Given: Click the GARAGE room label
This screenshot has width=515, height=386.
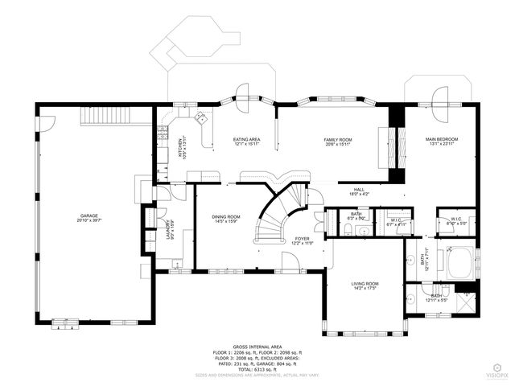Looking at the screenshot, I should click(x=89, y=215).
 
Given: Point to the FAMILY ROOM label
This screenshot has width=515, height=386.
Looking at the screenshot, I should click(x=338, y=140).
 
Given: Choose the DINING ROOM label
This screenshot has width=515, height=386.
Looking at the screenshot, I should click(x=225, y=216).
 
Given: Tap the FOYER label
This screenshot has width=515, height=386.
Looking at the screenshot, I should click(x=302, y=238).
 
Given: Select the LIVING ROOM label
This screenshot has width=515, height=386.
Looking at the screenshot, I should click(x=365, y=284).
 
